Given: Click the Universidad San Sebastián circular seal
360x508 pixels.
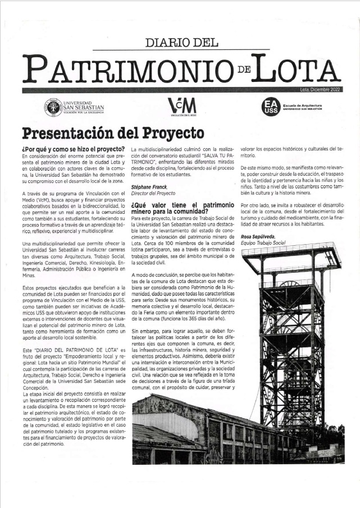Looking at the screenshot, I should pyautogui.click(x=53, y=107).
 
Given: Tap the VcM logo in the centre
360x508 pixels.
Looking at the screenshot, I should pyautogui.click(x=183, y=106).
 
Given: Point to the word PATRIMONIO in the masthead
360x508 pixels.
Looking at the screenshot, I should pyautogui.click(x=126, y=70).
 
